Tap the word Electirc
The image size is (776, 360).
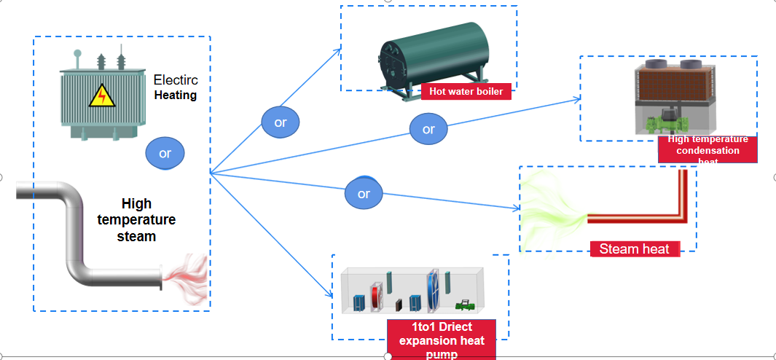point(176,80)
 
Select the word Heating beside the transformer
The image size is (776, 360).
point(176,95)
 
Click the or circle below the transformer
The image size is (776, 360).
point(165,154)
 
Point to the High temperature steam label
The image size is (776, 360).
point(137,220)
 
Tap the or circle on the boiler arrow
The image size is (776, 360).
point(281,122)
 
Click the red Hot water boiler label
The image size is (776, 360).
point(466,91)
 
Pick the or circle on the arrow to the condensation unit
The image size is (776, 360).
point(428,129)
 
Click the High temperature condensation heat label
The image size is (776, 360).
point(708,149)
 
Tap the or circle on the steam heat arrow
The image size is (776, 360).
point(364,194)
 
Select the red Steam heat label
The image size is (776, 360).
point(634,249)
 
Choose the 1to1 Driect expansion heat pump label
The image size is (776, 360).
point(442,340)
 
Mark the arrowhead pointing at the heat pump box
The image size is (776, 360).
point(329,295)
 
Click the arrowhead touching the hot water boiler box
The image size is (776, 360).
point(338,50)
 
